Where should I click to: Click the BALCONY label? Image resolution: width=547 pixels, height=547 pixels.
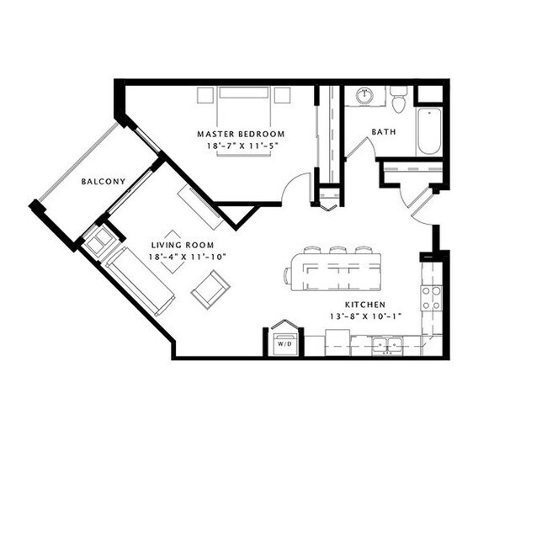pos(104,181)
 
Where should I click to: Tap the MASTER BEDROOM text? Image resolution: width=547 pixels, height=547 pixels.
pos(241,134)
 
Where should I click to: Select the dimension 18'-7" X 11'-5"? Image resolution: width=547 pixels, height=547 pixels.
pos(241,146)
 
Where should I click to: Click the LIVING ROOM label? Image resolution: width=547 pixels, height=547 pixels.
pos(188,244)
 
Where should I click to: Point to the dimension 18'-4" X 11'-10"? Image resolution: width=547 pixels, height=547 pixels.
pos(188,256)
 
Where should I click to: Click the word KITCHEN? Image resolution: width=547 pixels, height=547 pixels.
pos(365,304)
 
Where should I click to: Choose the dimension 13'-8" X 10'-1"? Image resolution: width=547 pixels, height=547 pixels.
pos(365,316)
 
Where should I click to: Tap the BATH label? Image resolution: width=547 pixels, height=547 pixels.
pos(384,132)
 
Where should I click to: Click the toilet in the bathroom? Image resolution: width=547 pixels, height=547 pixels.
pos(399,99)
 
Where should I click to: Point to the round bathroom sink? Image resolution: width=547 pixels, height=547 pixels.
pos(364,97)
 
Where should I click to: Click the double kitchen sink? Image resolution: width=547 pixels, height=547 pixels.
pos(387,344)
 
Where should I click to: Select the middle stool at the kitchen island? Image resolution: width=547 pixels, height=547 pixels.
pos(337,250)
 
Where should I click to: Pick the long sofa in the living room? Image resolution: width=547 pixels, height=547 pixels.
pos(141,280)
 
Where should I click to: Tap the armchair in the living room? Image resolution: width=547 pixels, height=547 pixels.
pos(210,289)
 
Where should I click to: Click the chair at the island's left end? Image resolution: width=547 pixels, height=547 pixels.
pos(289,273)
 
